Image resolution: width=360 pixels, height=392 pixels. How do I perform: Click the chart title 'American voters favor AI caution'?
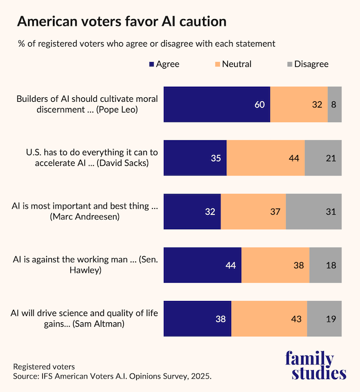121,21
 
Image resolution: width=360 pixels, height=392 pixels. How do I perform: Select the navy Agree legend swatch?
151,64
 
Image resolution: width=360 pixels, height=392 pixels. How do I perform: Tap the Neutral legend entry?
232,64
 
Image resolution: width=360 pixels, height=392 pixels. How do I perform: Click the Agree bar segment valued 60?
217,105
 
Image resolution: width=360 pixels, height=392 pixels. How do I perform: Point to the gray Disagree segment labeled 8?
335,105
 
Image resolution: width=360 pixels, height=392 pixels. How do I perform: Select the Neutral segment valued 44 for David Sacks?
265,158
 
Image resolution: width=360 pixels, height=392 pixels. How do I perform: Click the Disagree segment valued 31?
313,211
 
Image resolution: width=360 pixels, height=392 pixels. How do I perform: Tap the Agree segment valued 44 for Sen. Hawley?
202,265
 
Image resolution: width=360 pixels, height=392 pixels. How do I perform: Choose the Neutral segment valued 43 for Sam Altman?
269,318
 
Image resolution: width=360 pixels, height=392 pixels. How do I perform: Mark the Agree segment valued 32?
192,211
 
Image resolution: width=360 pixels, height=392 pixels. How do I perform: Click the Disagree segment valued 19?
324,318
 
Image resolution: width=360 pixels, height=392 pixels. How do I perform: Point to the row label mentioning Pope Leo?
87,105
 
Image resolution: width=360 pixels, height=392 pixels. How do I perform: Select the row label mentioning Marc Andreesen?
84,211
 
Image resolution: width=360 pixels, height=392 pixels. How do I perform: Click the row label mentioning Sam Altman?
84,319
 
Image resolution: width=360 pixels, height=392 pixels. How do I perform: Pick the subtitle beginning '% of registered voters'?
146,43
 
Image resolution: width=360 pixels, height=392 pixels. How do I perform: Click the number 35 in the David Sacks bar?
215,158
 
